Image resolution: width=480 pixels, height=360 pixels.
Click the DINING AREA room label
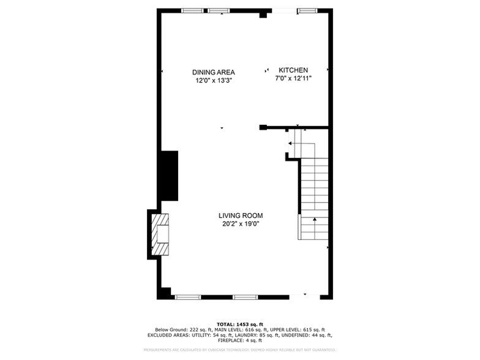(214, 72)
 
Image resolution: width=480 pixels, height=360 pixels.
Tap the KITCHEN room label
(293, 70)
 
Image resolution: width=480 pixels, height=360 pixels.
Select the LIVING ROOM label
(241, 216)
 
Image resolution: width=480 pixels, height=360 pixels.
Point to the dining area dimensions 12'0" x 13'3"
(214, 80)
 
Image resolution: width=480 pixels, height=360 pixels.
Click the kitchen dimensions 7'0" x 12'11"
(293, 78)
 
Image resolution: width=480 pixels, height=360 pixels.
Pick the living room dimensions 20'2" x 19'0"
(241, 223)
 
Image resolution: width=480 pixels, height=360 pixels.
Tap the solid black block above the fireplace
(168, 175)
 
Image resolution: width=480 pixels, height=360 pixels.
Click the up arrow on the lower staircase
(315, 219)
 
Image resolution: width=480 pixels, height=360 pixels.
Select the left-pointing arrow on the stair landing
(290, 143)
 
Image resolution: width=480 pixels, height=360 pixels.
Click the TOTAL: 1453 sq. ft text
(240, 324)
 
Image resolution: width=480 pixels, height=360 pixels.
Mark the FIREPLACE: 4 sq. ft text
(240, 340)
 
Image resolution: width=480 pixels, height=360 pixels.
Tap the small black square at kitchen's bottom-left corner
(263, 127)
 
